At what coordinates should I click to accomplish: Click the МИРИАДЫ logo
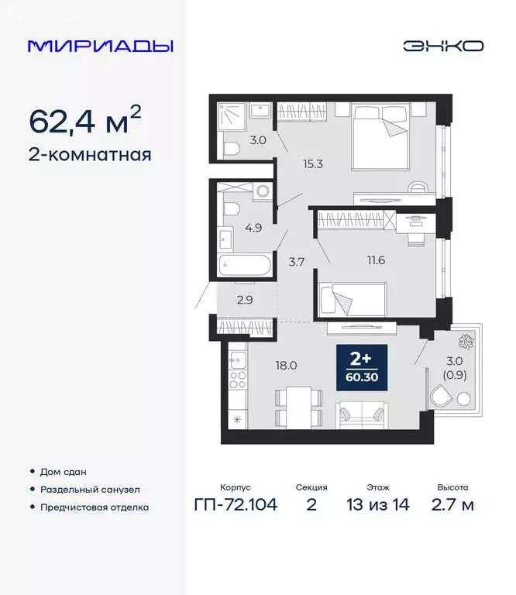100,46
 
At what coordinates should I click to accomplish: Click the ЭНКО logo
443,46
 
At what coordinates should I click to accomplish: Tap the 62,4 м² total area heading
85,121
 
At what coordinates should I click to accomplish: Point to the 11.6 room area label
377,260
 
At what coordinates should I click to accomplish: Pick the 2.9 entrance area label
225,298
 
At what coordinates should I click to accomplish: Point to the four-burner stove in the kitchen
238,380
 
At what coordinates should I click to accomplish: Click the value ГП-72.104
236,505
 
